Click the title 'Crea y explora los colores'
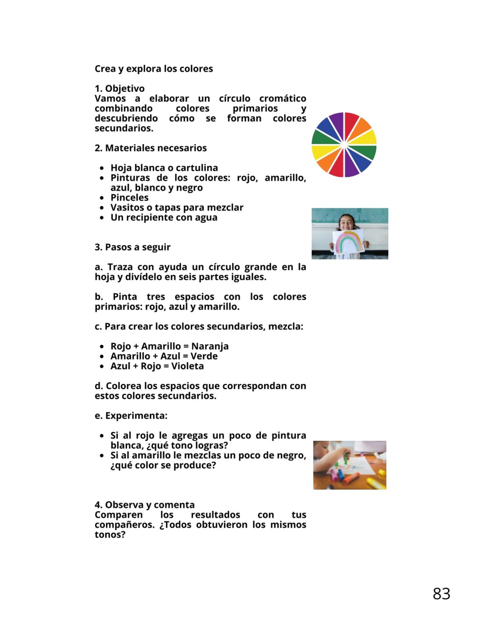[x=154, y=69]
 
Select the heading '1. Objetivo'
[x=120, y=88]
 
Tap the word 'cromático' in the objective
[x=283, y=98]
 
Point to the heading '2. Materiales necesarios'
[x=151, y=148]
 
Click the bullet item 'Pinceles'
[x=129, y=197]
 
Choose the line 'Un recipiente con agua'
[x=164, y=218]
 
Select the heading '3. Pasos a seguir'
[x=132, y=247]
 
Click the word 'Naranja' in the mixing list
[x=210, y=346]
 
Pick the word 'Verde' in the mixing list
[x=204, y=356]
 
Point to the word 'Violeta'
[x=187, y=366]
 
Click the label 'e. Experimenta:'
[x=131, y=416]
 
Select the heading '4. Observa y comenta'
[x=145, y=505]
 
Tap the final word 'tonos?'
[x=110, y=535]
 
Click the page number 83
[x=441, y=594]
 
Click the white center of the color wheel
[x=344, y=145]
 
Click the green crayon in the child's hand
[x=346, y=458]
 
